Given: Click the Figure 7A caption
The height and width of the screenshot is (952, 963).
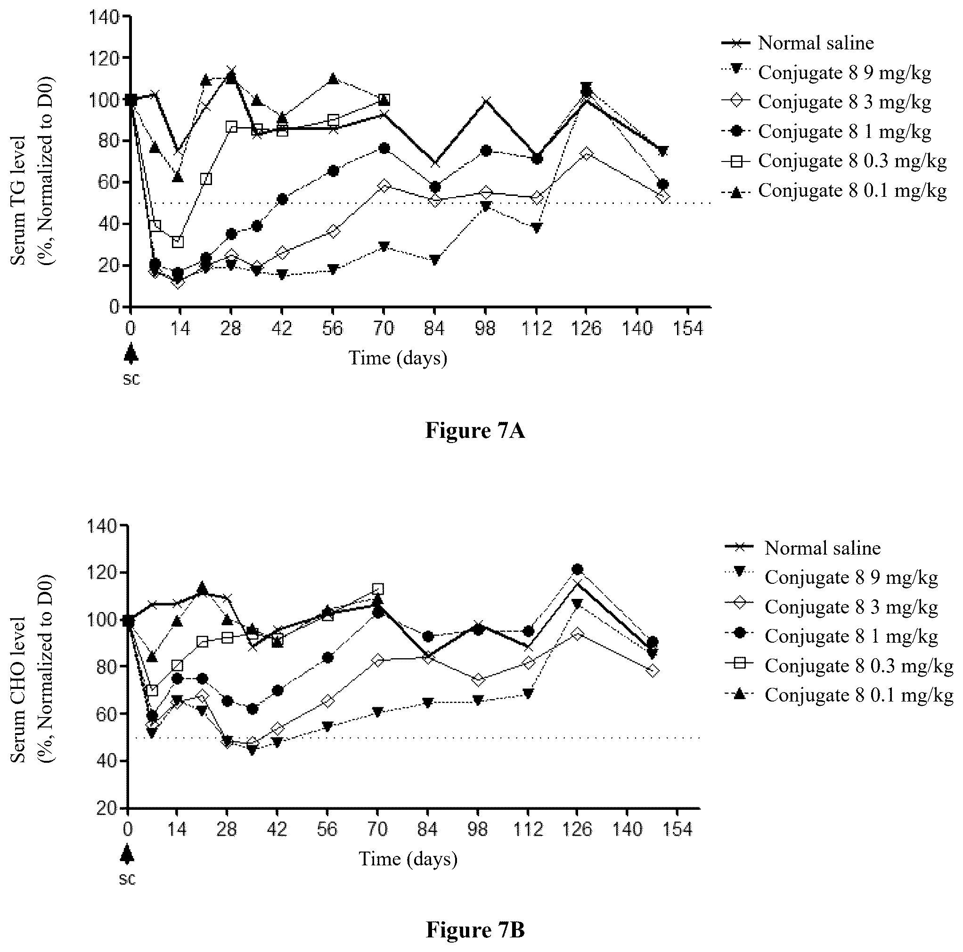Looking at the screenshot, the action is [474, 430].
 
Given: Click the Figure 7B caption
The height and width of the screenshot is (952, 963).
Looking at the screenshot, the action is [475, 929].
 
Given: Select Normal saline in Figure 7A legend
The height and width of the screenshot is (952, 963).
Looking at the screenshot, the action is [816, 43].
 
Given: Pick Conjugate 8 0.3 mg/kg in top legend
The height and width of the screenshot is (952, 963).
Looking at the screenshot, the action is [852, 161].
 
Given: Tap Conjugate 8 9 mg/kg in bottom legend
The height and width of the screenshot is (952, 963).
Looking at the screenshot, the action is [851, 577].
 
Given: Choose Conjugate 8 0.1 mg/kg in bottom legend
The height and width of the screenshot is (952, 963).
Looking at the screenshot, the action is [859, 695].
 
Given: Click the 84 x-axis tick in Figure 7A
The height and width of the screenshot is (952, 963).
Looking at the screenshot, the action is [434, 329].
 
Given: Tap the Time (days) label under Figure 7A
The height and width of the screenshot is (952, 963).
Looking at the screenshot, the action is [397, 358].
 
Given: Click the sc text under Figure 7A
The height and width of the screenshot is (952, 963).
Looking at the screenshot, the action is [131, 379].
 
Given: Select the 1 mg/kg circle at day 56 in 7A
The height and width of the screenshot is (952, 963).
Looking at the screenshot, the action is [334, 171].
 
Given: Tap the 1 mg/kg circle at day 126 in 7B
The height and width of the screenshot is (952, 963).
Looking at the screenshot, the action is [577, 569].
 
